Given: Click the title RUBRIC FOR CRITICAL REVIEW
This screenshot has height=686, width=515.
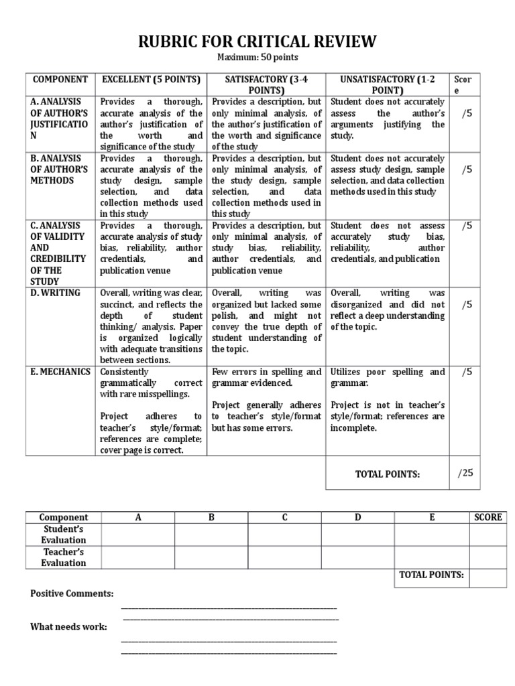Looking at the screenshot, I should point(257,42).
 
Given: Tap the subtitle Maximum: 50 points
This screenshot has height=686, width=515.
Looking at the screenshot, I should point(257,58).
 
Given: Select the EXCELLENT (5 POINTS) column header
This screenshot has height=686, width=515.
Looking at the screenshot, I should point(151,80).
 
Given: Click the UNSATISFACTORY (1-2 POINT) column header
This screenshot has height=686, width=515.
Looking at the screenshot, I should point(388,84).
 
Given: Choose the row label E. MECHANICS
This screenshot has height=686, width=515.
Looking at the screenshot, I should point(60,372).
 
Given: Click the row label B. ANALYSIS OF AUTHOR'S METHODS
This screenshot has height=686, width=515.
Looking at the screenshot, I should point(59,169).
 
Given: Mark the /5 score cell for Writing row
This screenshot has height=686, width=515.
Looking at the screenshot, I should point(467,304).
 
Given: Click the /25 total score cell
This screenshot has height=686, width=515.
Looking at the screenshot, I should point(465,473).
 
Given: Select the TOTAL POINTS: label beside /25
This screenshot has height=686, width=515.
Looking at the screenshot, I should point(387,474).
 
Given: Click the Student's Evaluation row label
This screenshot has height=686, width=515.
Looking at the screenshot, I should point(63,535).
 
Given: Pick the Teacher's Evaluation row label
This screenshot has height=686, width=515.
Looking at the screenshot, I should point(63,557).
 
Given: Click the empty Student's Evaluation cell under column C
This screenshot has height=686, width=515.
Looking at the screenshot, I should point(284,535).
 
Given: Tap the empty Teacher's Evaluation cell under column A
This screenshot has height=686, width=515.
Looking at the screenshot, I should point(138,557).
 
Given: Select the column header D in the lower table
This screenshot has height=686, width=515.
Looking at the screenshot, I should point(357,517).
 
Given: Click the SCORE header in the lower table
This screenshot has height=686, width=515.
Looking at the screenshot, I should point(488,517).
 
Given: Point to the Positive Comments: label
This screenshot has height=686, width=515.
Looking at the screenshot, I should point(72,594).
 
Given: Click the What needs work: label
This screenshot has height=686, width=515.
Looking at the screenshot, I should point(68,626).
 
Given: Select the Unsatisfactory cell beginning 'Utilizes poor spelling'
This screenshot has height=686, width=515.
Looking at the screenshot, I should point(387,399).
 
